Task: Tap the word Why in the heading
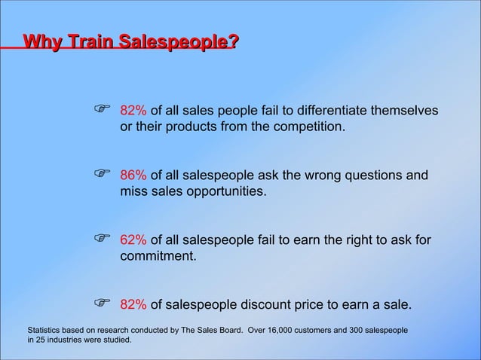pyautogui.click(x=41, y=43)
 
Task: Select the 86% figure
pyautogui.click(x=134, y=176)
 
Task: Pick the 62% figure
pyautogui.click(x=134, y=240)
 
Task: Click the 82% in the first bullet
pyautogui.click(x=134, y=111)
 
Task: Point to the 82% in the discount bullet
pyautogui.click(x=134, y=305)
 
